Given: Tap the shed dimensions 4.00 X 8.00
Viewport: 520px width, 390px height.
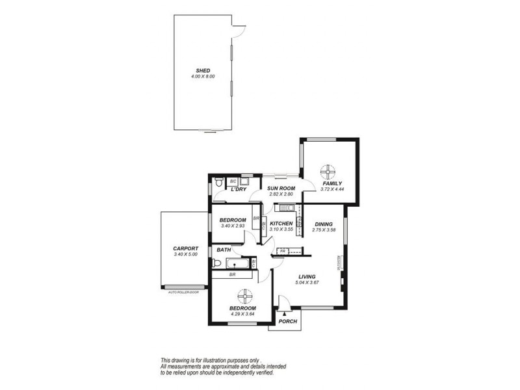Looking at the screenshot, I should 203,77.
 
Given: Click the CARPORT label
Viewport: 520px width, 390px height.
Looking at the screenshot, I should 185,248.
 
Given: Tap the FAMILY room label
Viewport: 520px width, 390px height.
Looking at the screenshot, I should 333,184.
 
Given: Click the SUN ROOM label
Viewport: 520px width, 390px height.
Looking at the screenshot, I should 281,188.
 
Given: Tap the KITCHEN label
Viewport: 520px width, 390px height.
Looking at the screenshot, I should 281,224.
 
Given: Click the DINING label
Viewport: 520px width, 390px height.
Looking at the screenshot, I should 323,224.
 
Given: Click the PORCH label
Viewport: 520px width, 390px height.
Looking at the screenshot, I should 287,322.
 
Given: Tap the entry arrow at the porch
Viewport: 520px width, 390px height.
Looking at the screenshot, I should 285,314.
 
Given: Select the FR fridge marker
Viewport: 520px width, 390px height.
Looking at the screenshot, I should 283,251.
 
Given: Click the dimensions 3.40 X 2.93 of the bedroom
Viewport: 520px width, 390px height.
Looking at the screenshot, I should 233,226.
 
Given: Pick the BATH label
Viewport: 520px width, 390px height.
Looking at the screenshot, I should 224,250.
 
